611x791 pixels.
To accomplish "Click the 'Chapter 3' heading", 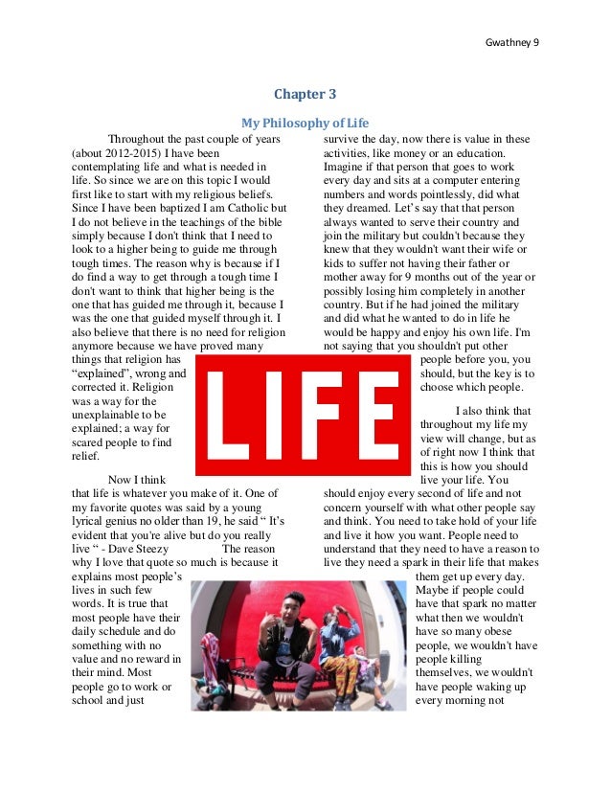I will (305, 94).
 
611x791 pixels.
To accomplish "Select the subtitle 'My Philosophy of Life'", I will (305, 124).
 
